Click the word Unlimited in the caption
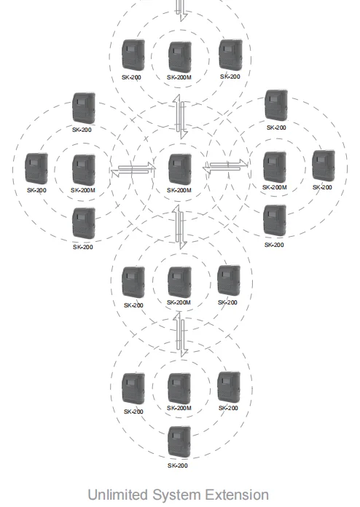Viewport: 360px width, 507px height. (x=116, y=495)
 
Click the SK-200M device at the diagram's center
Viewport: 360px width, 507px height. (x=180, y=168)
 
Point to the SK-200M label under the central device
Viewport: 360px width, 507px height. (x=179, y=190)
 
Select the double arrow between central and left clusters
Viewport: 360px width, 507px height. (x=133, y=170)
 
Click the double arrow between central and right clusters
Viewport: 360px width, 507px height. (x=225, y=168)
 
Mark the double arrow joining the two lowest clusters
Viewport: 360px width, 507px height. (x=180, y=334)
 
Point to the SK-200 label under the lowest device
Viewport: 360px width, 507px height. (x=179, y=465)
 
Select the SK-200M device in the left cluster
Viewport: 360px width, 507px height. (x=84, y=169)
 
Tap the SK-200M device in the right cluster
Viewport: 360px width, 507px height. (x=275, y=167)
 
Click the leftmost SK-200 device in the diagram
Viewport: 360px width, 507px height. (x=36, y=168)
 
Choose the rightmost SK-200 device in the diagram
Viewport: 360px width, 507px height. (x=323, y=166)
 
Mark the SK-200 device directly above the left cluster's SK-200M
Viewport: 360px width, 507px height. (x=84, y=107)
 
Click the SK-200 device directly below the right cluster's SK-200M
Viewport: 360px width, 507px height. (x=274, y=221)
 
